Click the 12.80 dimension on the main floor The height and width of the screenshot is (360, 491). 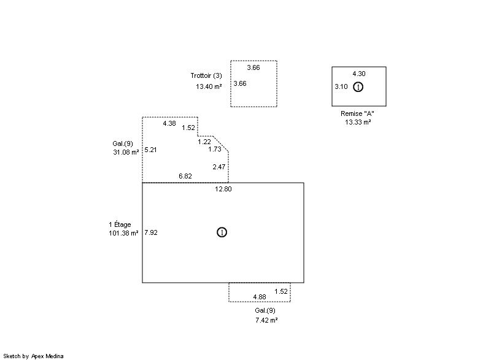point(223,189)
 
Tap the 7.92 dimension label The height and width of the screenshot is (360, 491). point(151,232)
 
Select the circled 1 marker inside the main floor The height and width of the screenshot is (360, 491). point(222,232)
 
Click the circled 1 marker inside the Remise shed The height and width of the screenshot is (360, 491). point(358,87)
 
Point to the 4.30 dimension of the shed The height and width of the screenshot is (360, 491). point(359,74)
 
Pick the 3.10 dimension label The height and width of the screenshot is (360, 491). point(341,86)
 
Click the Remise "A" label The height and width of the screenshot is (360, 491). point(357,113)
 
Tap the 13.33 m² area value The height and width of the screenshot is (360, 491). point(358,122)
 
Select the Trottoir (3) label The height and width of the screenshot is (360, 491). point(206,75)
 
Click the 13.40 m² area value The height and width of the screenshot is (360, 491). point(209,86)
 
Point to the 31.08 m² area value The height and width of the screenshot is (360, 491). point(126,152)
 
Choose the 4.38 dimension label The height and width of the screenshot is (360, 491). point(169,123)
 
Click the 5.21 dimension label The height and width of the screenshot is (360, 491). point(150,150)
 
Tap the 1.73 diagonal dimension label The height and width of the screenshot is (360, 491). point(215,150)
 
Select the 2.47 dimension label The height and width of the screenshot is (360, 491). point(219,167)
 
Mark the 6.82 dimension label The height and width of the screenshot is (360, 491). point(185,176)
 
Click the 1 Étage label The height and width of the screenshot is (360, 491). point(120,224)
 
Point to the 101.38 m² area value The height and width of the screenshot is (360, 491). point(124,233)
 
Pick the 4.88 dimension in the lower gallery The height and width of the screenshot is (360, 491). point(260,297)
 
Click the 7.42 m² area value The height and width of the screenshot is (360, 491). point(266,320)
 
